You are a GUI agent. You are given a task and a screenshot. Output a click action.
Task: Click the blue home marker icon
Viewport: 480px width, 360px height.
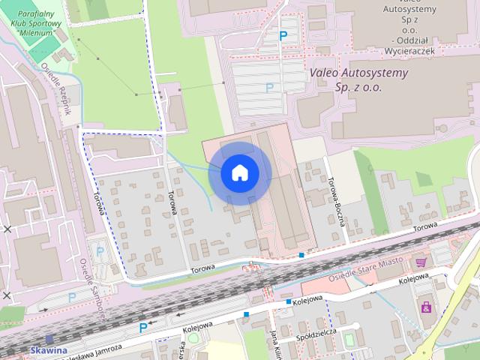[239, 173]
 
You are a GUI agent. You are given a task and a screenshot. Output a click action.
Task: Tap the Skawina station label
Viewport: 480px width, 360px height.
[49, 350]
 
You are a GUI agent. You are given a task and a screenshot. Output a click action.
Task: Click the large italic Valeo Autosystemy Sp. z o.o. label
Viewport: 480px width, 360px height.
[359, 80]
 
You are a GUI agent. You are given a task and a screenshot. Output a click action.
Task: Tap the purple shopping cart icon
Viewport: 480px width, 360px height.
[421, 262]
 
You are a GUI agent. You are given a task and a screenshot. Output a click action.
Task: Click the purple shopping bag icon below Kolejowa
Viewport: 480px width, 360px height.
[427, 307]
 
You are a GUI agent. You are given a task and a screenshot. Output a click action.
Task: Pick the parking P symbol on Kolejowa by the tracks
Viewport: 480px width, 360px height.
[143, 328]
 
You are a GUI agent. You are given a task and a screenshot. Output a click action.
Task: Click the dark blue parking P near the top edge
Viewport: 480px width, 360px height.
[283, 35]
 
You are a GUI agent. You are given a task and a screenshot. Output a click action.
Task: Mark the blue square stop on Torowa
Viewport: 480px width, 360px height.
[301, 255]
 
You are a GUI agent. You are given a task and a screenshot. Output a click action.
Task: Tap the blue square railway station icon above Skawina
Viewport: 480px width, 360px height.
[49, 339]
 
